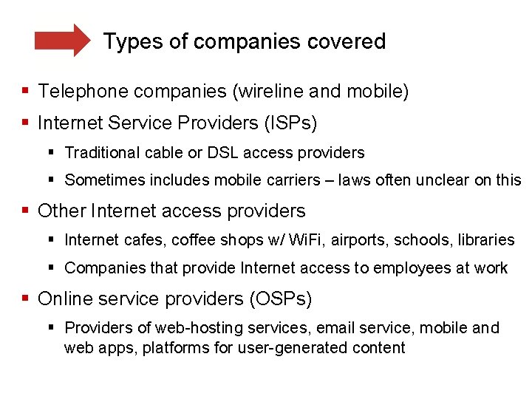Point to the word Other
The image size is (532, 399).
click(62, 211)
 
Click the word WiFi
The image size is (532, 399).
click(305, 240)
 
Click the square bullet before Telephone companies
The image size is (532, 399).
click(26, 92)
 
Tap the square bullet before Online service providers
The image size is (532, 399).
click(26, 299)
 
